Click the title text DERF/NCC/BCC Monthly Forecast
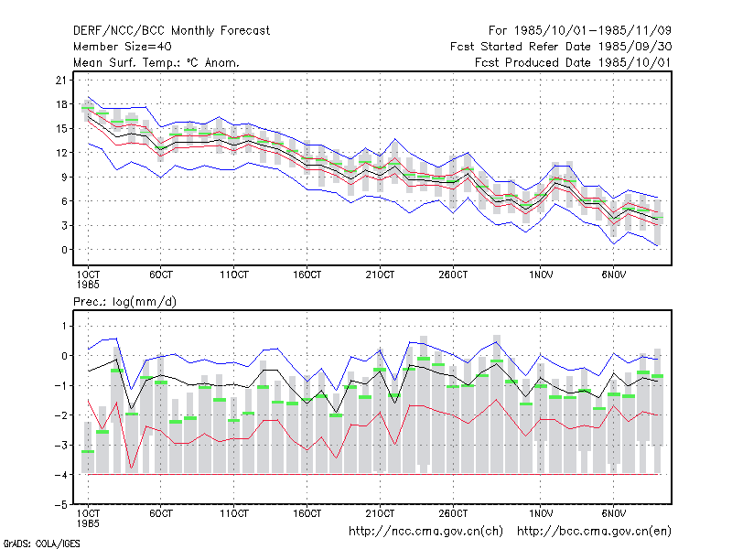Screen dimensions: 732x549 click(x=171, y=31)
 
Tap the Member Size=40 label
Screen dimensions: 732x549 click(x=123, y=47)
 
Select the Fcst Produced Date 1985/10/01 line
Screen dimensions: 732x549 click(x=573, y=62)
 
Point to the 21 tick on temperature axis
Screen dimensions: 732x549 click(x=61, y=81)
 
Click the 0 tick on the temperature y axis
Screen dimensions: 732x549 click(x=64, y=250)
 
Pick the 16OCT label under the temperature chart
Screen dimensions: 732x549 click(x=307, y=274)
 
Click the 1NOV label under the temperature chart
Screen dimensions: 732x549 click(x=541, y=274)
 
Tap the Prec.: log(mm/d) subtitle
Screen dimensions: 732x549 click(x=124, y=302)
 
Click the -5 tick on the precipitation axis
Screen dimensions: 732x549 click(x=61, y=505)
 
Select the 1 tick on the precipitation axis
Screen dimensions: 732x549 click(x=64, y=326)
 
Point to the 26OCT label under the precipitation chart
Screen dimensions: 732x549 click(x=453, y=513)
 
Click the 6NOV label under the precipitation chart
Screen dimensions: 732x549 click(x=613, y=513)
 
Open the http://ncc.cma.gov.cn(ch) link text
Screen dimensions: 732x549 click(x=425, y=532)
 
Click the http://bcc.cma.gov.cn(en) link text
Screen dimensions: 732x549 click(x=594, y=532)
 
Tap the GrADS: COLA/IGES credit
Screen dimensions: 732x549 click(x=41, y=544)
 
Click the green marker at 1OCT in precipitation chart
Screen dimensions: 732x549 click(x=88, y=451)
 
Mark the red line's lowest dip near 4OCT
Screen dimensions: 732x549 click(x=132, y=468)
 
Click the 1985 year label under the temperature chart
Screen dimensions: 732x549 click(x=88, y=285)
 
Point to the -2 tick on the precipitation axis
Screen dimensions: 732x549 click(x=61, y=415)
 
